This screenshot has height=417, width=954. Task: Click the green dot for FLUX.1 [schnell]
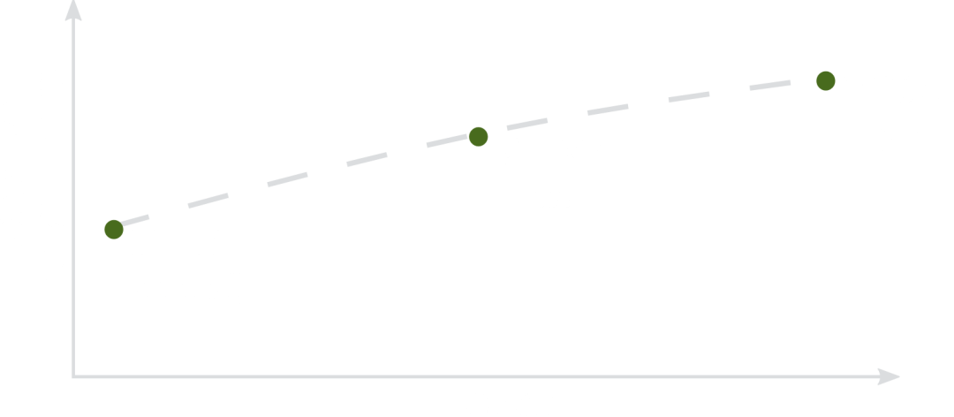click(x=114, y=230)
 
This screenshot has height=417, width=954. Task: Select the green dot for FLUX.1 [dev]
click(x=478, y=137)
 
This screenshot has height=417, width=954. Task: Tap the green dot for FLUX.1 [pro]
click(x=825, y=81)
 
